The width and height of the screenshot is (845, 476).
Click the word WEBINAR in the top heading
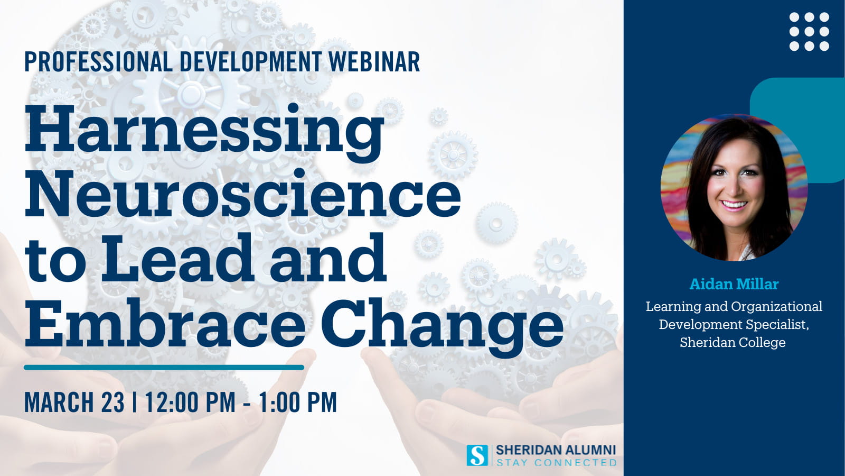374,62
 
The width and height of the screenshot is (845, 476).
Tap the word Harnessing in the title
204,133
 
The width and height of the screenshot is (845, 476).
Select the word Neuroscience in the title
243,194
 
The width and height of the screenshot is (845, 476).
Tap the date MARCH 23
74,402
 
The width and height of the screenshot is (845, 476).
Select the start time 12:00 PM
191,402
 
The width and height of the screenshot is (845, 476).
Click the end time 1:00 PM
298,402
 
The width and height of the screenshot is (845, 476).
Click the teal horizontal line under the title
164,367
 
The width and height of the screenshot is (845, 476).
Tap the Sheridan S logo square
477,455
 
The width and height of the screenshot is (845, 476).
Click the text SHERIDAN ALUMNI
556,450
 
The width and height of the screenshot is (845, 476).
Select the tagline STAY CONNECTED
557,462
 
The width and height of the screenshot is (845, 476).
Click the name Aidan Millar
734,284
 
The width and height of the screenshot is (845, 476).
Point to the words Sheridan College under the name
733,343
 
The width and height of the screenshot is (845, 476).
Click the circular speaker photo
734,187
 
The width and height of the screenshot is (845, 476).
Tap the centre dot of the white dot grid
809,32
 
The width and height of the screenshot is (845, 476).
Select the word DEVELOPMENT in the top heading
251,62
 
